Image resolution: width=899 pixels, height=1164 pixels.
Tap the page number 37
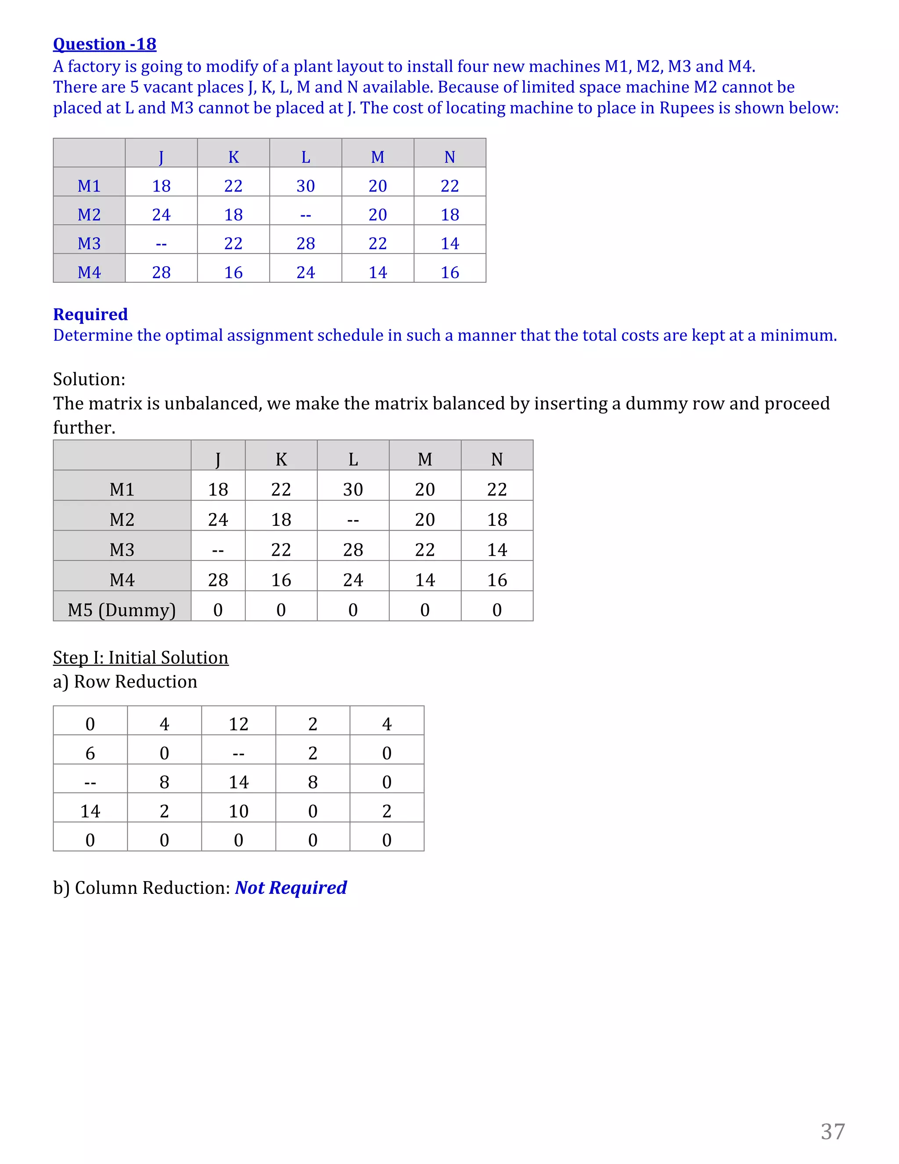[832, 1131]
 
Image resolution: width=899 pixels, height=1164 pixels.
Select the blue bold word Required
[90, 314]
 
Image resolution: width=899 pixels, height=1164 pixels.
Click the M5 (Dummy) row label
[122, 610]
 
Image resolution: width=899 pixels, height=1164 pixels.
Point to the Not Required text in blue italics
[291, 887]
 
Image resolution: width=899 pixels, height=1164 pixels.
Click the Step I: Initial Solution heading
[140, 657]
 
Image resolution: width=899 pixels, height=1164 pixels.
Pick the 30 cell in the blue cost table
[305, 185]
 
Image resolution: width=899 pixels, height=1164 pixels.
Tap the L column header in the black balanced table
[352, 459]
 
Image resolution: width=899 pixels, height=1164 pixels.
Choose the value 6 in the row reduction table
[90, 753]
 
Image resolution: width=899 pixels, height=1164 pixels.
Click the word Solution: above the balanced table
[89, 379]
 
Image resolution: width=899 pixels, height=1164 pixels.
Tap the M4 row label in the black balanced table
[122, 579]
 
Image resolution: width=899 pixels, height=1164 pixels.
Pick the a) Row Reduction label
[125, 681]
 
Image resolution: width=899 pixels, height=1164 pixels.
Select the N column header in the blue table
[449, 157]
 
